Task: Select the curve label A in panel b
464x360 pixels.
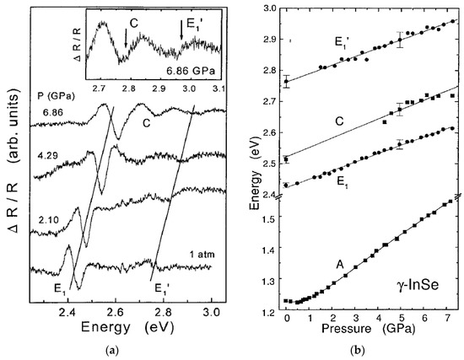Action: tap(340, 263)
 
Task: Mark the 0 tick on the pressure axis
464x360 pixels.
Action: tap(287, 321)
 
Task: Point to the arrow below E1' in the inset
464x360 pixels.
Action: tap(181, 31)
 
